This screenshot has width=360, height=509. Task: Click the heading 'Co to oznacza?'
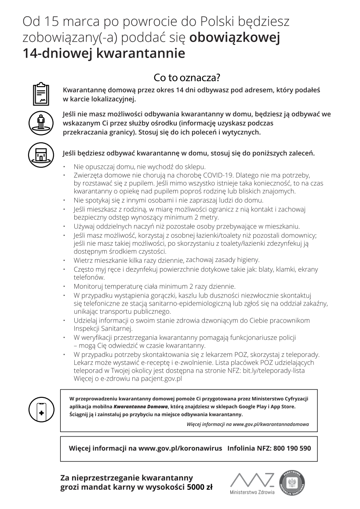(x=186, y=78)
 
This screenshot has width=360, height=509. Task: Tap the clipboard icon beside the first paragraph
(x=41, y=93)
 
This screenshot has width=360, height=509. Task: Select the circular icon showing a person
(x=41, y=122)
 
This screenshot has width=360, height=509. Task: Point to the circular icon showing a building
(x=41, y=153)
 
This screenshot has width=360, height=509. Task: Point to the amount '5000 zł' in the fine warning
(x=200, y=487)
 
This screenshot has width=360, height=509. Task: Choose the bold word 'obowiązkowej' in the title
(x=234, y=38)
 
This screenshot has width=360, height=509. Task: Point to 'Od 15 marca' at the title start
(x=51, y=21)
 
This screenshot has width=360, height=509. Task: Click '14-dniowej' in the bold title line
(x=57, y=54)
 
